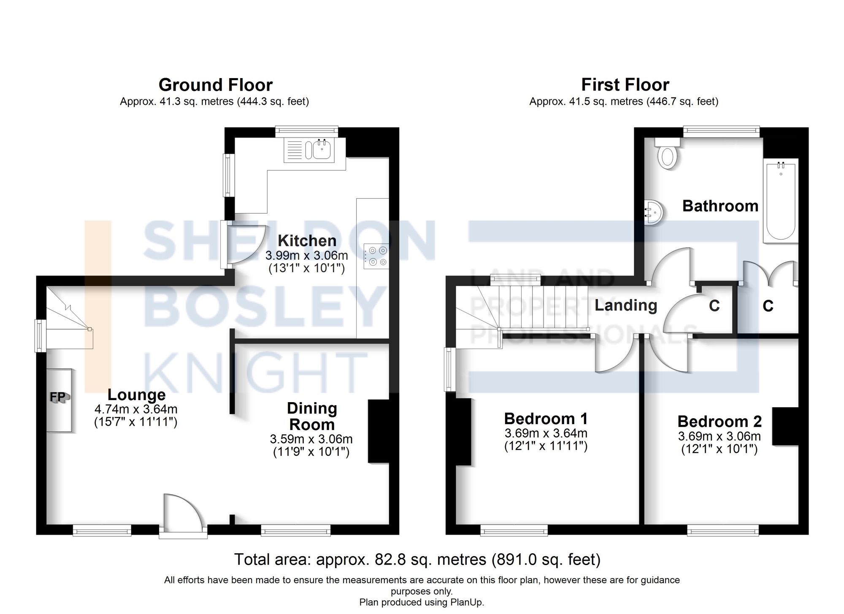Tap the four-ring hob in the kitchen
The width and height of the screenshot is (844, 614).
(x=376, y=256)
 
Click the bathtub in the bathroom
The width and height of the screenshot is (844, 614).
(x=781, y=201)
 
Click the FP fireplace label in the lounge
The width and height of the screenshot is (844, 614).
(x=58, y=397)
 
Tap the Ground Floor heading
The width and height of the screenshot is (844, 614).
(x=215, y=85)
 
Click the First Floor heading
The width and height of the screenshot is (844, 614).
(x=625, y=85)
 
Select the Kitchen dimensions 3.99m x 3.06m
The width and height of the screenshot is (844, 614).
(x=306, y=255)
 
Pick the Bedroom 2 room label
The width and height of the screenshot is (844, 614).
(x=720, y=421)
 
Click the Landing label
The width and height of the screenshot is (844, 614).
(x=625, y=305)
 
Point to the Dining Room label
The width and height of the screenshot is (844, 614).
(x=312, y=416)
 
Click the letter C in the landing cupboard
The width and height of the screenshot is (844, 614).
(x=714, y=306)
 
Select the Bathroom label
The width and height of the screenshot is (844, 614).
(x=720, y=206)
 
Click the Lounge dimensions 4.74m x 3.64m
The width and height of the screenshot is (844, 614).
(x=135, y=409)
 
